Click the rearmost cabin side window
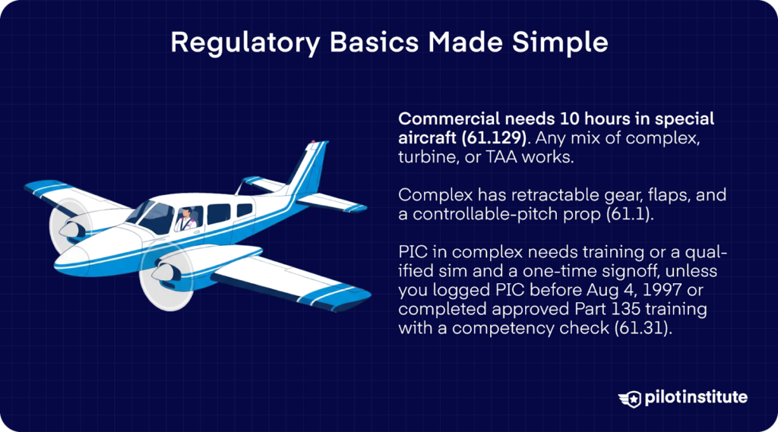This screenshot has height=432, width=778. (244, 210)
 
